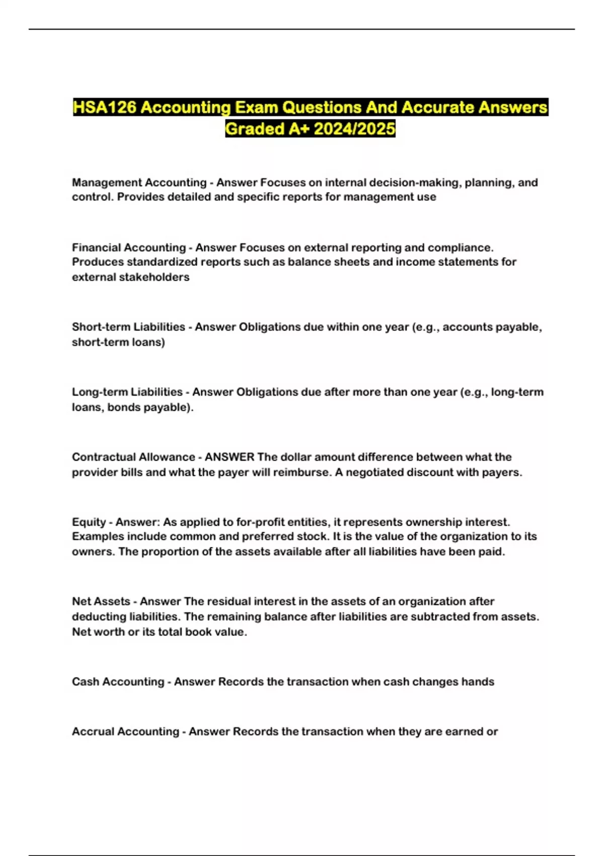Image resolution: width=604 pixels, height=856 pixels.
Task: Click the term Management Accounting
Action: pos(139,182)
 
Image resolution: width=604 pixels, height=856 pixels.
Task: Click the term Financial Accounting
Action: pos(129,247)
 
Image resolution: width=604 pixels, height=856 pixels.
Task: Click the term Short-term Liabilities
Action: pos(128,327)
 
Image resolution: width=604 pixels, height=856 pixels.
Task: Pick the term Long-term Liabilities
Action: pos(127,392)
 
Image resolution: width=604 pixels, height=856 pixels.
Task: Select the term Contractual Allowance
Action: pos(133,457)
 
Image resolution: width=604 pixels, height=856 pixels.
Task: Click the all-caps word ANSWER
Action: pos(230,457)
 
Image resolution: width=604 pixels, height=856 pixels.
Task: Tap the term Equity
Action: pos(89,522)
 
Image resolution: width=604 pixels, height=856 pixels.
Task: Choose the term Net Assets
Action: pos(101,601)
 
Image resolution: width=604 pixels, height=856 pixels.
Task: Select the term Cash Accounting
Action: pos(118,681)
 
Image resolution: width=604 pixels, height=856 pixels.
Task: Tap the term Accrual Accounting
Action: pos(125,731)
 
